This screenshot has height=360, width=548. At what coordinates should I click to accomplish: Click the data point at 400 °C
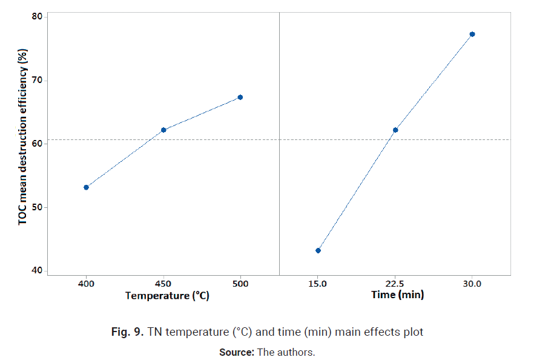86,187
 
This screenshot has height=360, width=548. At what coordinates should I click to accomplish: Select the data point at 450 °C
163,130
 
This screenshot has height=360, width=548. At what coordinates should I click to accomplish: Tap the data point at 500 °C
240,97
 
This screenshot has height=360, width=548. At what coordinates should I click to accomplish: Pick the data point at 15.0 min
318,250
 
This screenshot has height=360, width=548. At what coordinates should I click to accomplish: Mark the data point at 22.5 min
395,130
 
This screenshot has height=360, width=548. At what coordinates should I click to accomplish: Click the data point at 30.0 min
472,34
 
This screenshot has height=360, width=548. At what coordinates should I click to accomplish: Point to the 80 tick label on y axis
38,16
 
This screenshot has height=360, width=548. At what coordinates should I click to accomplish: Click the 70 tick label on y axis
38,80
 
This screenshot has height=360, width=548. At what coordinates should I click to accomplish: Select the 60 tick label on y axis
38,144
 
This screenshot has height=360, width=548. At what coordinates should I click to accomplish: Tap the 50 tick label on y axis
38,207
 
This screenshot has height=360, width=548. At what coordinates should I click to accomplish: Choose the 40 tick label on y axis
38,271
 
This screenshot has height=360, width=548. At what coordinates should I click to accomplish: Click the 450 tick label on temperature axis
163,284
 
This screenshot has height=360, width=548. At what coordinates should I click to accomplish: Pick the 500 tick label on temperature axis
240,284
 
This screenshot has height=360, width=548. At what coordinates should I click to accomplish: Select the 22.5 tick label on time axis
395,284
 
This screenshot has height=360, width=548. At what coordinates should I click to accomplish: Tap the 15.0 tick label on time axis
318,284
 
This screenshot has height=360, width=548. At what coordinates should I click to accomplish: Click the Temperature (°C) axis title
167,296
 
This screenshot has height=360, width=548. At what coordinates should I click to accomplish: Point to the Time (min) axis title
397,295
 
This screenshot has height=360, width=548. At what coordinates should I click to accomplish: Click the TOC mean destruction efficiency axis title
23,139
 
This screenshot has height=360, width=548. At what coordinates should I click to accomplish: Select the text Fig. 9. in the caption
128,332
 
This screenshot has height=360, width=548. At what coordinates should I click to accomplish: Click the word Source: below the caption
236,352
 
